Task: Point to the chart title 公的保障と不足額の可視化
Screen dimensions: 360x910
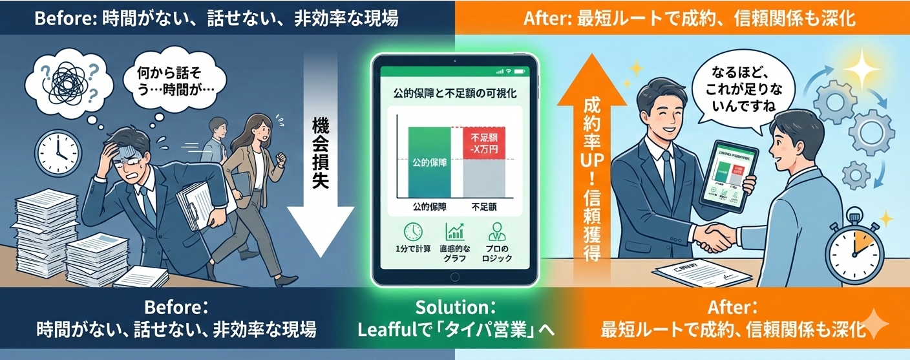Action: (x=454, y=94)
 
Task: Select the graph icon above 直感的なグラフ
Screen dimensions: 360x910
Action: (x=455, y=232)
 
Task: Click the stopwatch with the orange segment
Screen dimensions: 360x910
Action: (x=854, y=250)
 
